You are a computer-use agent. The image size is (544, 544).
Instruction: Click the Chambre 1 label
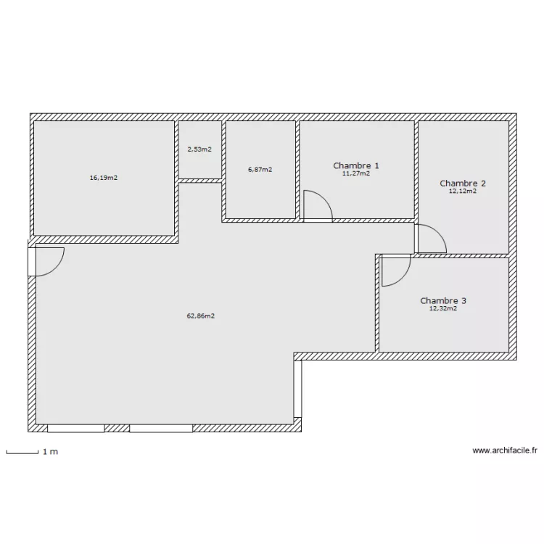point(355,166)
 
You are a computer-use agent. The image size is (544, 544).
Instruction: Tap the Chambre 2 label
point(463,184)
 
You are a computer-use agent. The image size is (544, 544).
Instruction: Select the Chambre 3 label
point(442,300)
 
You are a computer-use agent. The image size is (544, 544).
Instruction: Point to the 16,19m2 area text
point(104,177)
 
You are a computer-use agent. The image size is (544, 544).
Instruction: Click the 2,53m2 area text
point(199,149)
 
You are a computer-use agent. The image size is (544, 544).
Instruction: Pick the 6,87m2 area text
point(260,170)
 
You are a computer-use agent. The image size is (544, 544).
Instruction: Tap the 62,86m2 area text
point(201,316)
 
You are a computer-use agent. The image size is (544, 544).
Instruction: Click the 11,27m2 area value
point(356,174)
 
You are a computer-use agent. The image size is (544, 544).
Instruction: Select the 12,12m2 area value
point(463,191)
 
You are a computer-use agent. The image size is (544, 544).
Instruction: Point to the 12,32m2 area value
point(442,308)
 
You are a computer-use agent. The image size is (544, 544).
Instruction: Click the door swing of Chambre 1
point(316,205)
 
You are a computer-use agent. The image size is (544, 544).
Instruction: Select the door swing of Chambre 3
point(395,271)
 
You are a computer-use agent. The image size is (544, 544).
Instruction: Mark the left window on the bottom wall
point(75,428)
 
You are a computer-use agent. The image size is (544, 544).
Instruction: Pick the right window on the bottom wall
point(161,428)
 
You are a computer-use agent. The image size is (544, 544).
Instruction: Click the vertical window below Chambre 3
point(297,389)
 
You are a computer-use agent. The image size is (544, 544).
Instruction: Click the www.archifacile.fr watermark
point(505,450)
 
